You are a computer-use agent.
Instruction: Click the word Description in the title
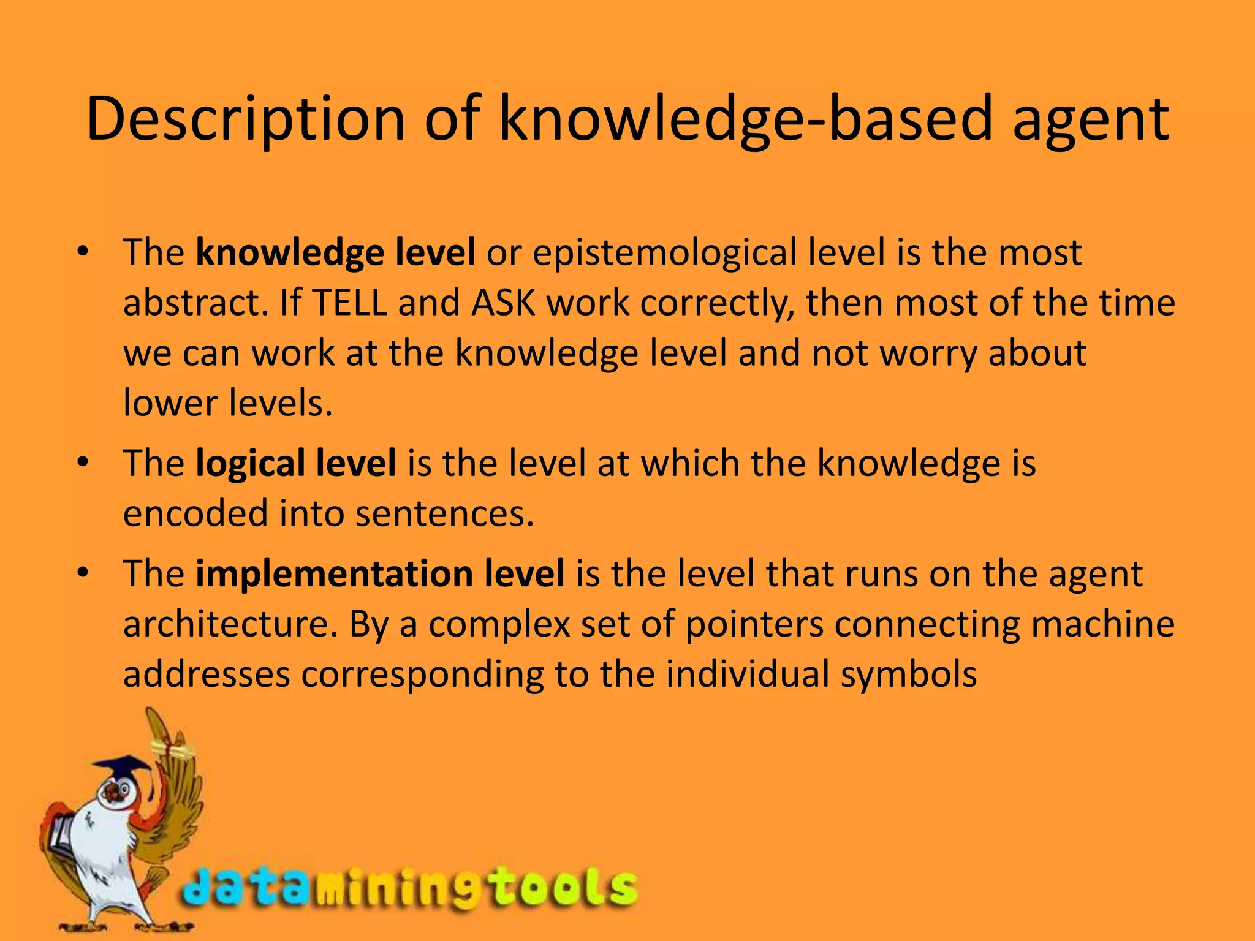(x=245, y=119)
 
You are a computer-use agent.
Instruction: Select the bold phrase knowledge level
(x=335, y=252)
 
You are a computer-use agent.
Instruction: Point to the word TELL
(x=349, y=303)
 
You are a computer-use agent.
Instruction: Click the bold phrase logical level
(x=295, y=463)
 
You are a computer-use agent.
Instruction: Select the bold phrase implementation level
(x=380, y=574)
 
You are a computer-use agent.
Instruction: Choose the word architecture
(x=230, y=625)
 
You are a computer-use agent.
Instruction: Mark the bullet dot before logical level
(x=84, y=462)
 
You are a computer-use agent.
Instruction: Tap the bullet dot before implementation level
(x=84, y=573)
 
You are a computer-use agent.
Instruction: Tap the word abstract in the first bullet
(x=195, y=303)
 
